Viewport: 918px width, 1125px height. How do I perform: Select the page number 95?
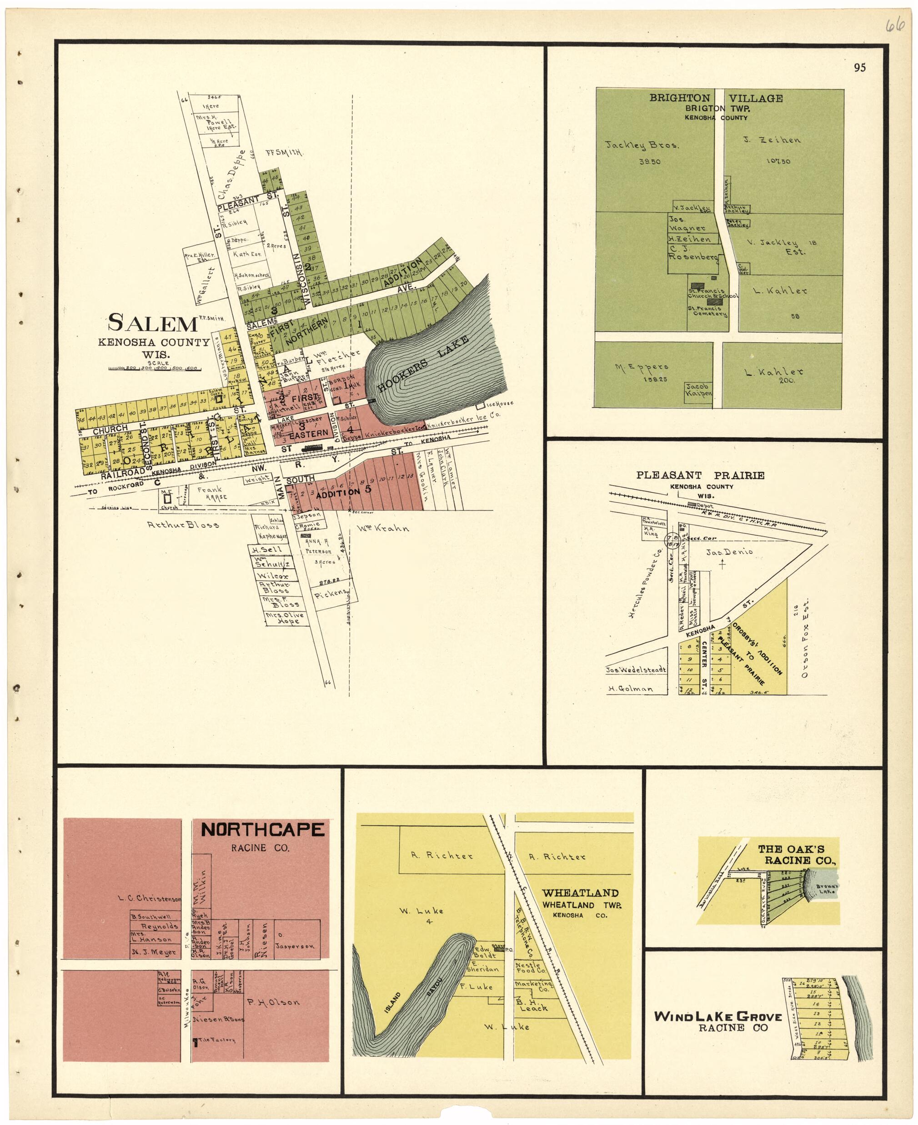859,67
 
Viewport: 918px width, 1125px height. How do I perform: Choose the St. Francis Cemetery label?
707,311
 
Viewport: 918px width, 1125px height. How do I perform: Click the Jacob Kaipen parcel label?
698,390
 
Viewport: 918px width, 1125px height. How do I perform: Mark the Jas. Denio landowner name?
729,552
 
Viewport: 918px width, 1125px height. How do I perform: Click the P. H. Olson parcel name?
273,1002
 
